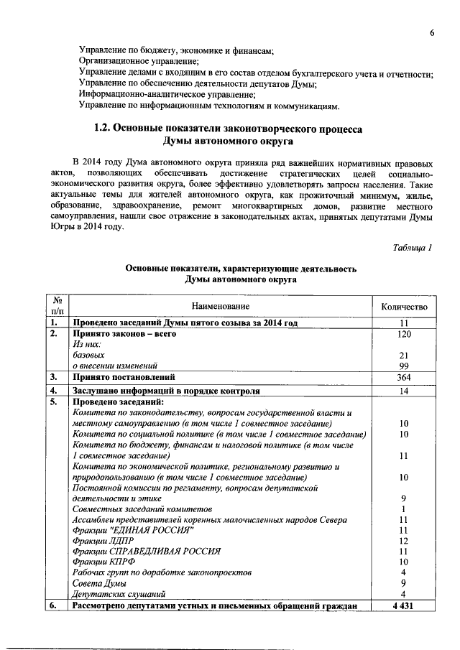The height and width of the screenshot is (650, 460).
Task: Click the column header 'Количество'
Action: pos(404,307)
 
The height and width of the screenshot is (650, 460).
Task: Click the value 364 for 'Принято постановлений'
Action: pos(404,377)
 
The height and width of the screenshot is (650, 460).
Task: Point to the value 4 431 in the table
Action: pos(404,606)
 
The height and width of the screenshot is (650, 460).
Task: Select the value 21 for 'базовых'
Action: pos(404,356)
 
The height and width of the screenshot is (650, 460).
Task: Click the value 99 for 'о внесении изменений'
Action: pos(404,366)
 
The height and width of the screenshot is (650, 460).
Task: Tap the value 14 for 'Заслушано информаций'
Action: pos(404,391)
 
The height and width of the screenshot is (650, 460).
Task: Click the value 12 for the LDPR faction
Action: pos(404,540)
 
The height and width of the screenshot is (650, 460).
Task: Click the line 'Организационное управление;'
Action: pos(137,62)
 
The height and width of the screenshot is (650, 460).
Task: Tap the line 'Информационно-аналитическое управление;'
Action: pos(167,95)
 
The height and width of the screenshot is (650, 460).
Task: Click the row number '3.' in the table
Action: pos(53,377)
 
